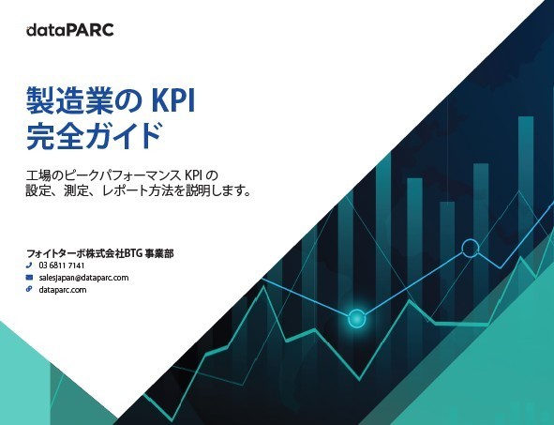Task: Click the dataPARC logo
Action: click(70, 30)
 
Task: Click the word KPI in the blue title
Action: click(173, 100)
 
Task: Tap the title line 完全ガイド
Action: click(95, 136)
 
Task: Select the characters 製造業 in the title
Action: click(74, 100)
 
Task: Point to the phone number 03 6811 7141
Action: click(62, 266)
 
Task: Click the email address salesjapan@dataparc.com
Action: click(83, 278)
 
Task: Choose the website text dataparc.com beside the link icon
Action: click(63, 290)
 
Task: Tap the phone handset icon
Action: click(29, 266)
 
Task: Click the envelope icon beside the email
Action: click(29, 277)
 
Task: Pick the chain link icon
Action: click(29, 289)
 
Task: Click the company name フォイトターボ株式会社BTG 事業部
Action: click(100, 253)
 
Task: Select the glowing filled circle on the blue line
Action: click(356, 319)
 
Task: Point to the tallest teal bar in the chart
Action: click(526, 176)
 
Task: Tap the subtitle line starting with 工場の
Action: click(122, 175)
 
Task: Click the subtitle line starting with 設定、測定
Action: click(139, 191)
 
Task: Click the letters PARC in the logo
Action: click(90, 30)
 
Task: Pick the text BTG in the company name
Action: click(133, 253)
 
